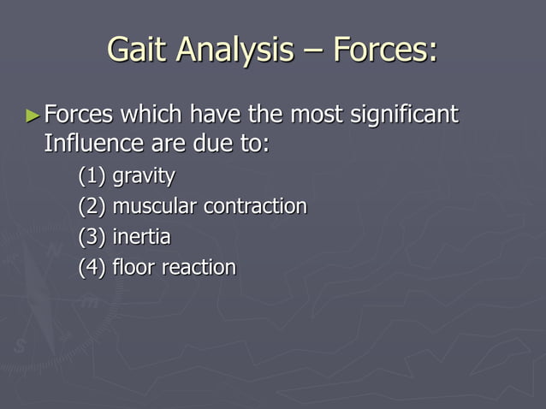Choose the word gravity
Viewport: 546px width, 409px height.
tap(143, 177)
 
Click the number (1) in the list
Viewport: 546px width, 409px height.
tap(92, 176)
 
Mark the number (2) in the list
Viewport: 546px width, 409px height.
tap(92, 207)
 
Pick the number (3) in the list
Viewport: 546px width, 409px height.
tap(92, 237)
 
